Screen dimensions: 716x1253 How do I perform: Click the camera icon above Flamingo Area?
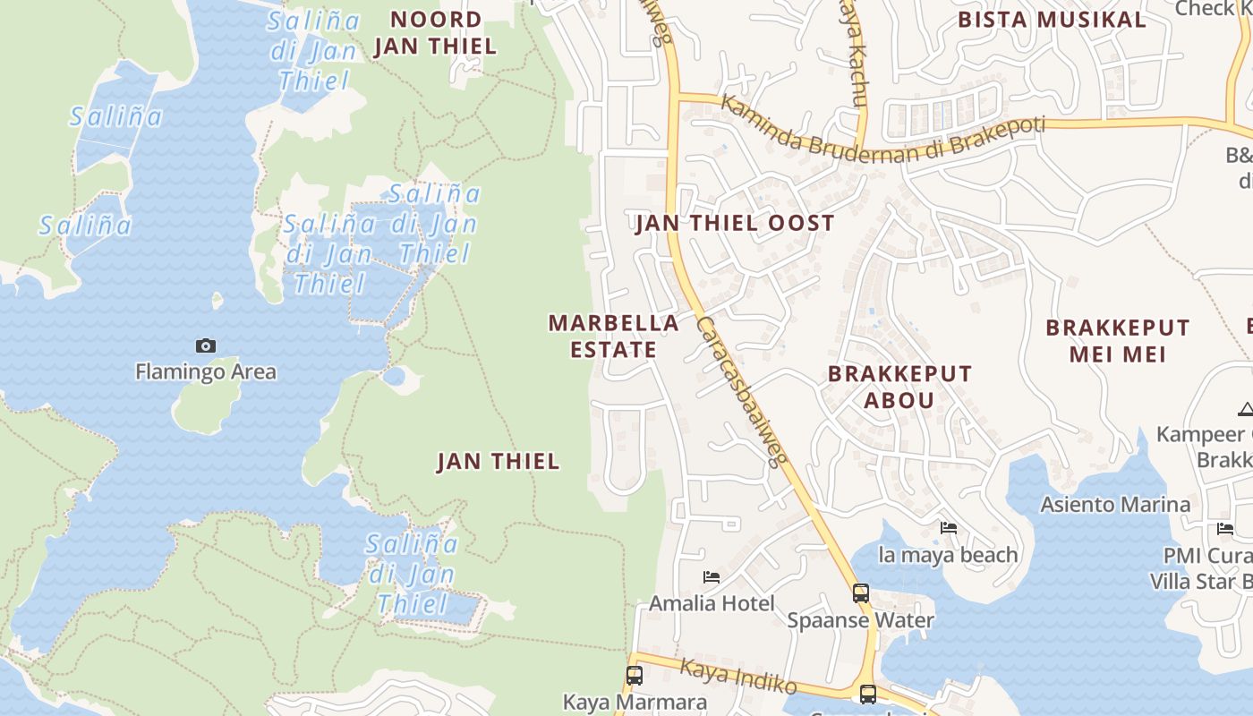click(x=206, y=345)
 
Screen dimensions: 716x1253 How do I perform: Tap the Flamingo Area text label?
click(x=206, y=371)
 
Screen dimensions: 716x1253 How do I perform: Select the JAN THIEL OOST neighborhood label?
click(x=735, y=223)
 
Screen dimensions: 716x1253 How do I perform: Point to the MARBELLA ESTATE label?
click(x=614, y=336)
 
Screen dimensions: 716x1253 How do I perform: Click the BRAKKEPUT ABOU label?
click(x=899, y=387)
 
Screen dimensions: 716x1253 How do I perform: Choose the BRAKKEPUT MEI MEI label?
click(x=1118, y=341)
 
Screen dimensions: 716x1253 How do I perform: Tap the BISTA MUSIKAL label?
click(x=1052, y=20)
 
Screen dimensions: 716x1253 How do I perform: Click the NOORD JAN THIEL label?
click(x=435, y=32)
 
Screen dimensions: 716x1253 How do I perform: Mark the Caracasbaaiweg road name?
click(x=740, y=391)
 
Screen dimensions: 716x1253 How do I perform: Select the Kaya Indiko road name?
click(x=738, y=677)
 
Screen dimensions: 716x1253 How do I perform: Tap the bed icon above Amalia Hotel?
click(x=712, y=577)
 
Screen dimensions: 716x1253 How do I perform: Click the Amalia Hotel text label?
click(x=712, y=603)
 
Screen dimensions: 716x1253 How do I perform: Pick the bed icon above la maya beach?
click(x=949, y=528)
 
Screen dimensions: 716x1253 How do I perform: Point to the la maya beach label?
click(x=948, y=555)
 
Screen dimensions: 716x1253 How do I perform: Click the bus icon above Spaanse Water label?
click(x=860, y=592)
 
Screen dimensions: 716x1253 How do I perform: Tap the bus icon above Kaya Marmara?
click(x=635, y=675)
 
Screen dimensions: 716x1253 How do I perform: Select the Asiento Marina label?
click(x=1115, y=504)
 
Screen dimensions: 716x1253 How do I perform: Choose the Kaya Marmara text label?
click(x=635, y=701)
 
